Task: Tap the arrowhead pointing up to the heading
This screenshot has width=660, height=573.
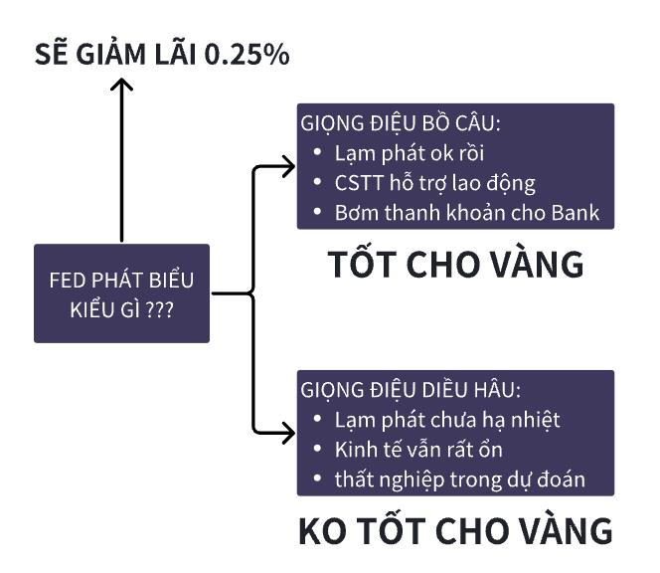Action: pyautogui.click(x=121, y=88)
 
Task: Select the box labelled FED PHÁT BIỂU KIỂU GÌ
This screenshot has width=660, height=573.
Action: pyautogui.click(x=121, y=292)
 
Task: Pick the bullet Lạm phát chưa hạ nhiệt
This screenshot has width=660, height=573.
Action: pyautogui.click(x=446, y=420)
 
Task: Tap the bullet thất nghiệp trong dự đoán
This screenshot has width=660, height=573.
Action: pyautogui.click(x=458, y=479)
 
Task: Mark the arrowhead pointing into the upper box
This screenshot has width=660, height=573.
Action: pyautogui.click(x=289, y=164)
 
